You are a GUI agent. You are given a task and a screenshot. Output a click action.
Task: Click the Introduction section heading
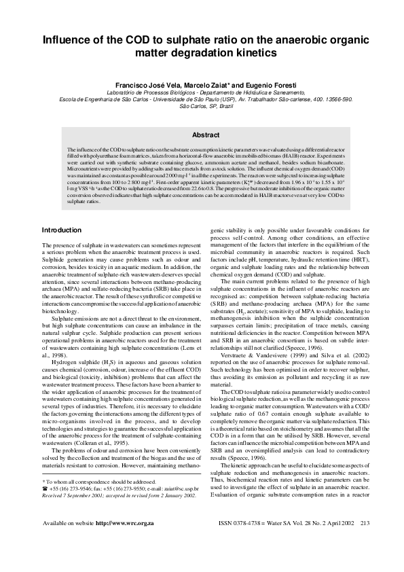tap(62, 230)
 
